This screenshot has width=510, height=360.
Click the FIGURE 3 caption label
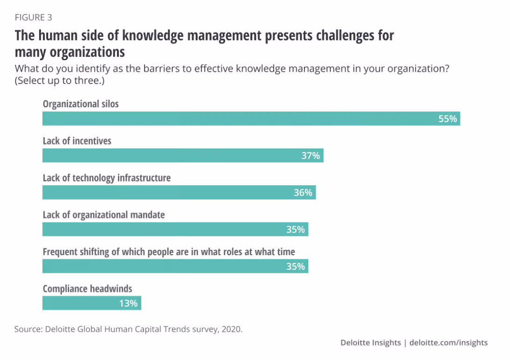(34, 18)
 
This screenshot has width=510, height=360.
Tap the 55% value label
(448, 119)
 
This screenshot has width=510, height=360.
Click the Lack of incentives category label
(77, 141)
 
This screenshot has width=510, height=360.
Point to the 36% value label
(303, 193)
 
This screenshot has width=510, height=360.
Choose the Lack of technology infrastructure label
(107, 178)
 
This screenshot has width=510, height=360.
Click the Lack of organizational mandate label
(103, 215)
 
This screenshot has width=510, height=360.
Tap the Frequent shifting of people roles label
(169, 252)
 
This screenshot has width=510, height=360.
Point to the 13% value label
(128, 304)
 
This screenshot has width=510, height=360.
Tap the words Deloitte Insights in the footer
(371, 343)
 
